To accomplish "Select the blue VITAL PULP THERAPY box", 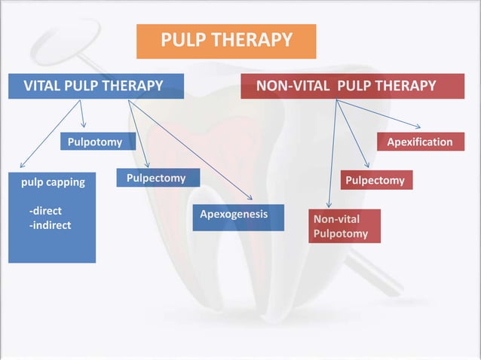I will point(95,86).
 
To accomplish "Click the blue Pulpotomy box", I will point(90,142).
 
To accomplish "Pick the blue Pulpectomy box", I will point(152,178).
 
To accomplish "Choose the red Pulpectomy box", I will point(375,181).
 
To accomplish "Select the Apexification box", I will point(419,142).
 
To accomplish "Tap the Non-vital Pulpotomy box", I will point(342,227).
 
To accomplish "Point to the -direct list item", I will point(44,211).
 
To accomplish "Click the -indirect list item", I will point(50,225).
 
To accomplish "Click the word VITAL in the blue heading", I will point(44,86).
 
